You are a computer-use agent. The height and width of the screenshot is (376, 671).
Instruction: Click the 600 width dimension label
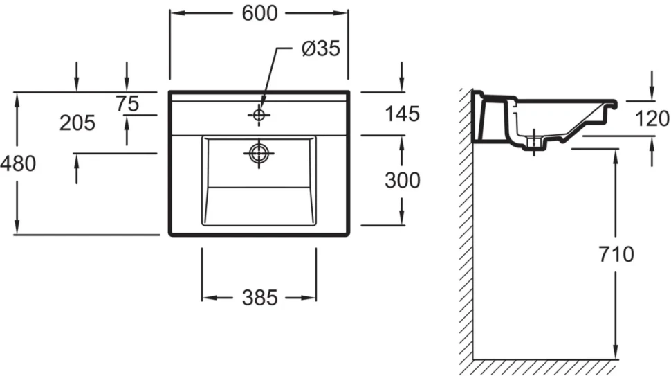pos(260,13)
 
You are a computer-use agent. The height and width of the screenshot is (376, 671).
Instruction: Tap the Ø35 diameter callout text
pos(321,48)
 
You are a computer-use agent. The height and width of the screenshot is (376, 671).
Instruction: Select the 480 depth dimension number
pos(18,163)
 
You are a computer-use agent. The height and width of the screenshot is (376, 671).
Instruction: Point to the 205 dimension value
pos(77,123)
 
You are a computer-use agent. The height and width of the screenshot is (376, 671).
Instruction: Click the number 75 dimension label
pos(127,104)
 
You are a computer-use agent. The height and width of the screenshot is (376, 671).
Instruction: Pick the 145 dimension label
pos(403,114)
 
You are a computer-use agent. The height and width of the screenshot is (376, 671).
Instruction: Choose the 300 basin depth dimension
pos(403,180)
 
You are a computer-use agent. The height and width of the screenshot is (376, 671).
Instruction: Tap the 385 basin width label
pos(260,298)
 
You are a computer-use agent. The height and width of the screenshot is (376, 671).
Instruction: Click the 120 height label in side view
pos(652,118)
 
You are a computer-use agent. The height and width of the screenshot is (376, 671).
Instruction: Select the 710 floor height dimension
pos(616,254)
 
